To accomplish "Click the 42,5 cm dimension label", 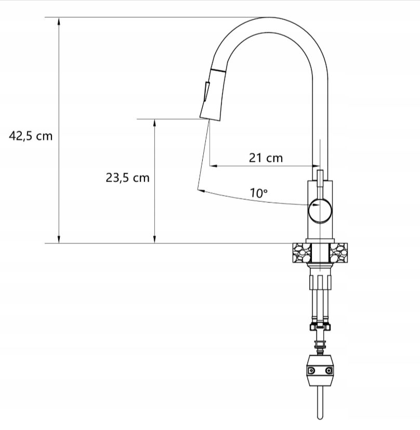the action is point(31,136).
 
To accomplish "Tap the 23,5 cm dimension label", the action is point(127,178).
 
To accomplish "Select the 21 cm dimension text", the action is point(266,158).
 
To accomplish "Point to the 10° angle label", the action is point(258,193).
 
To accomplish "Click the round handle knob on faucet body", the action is point(320,211).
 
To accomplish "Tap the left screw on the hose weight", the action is point(311,371).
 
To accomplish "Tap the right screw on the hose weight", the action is point(328,371).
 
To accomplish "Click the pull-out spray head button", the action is point(206,92).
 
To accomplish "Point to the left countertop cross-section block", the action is point(302,253).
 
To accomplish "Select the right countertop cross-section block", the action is point(338,253).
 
